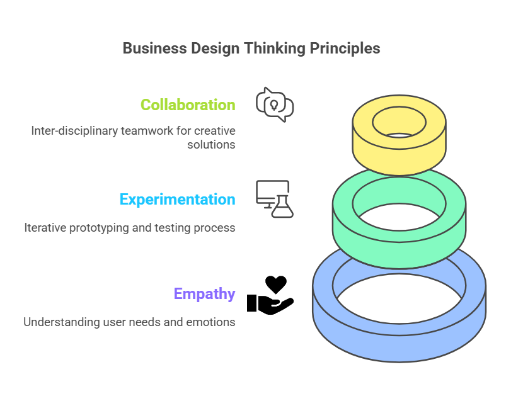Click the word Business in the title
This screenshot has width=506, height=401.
click(155, 48)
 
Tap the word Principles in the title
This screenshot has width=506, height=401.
click(345, 49)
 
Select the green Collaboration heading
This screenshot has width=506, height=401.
click(188, 104)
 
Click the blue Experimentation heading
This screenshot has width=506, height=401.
click(178, 200)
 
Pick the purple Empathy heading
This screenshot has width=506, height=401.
click(205, 294)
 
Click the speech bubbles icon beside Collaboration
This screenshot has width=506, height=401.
click(275, 104)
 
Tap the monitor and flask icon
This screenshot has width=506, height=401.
click(275, 199)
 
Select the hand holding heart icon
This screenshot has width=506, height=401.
click(270, 295)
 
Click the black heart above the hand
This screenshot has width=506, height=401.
click(276, 285)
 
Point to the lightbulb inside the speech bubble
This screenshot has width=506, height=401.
click(274, 105)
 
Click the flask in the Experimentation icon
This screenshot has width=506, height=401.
click(282, 206)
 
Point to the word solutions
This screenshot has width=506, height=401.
click(211, 145)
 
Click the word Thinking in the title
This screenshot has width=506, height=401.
click(275, 49)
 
